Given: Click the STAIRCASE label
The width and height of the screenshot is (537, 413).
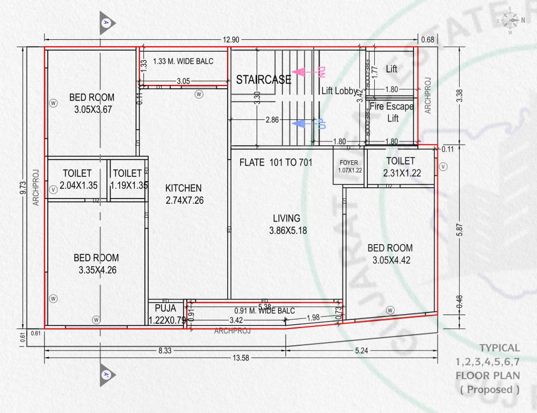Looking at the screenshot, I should pos(264,80).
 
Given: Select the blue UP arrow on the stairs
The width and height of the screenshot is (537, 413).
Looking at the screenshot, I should pos(309,124).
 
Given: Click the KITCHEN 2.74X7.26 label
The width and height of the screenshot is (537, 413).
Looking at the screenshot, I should pos(184,194).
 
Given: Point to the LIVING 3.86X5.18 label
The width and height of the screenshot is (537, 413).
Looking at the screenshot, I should pos(287,224).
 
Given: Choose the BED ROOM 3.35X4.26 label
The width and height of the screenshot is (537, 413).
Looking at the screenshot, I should pos(97,264).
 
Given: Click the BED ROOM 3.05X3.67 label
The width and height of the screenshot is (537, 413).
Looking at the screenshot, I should pos(92,103).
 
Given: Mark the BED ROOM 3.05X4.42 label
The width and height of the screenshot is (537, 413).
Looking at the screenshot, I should pos(390,254).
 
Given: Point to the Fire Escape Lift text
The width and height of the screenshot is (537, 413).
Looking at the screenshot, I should pos(392,112).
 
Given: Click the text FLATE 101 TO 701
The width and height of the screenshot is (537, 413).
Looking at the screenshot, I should pos(276,162).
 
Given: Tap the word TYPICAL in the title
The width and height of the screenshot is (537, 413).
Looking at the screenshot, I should pos(499,348).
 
